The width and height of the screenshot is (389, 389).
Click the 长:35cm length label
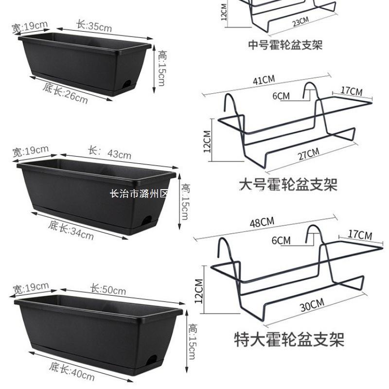tap(94, 25)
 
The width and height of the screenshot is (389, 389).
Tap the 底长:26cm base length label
tap(65, 94)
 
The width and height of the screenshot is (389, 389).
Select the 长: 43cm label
tap(109, 153)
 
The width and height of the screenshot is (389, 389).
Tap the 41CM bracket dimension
tap(263, 80)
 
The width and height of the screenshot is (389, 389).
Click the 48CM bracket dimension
tap(262, 223)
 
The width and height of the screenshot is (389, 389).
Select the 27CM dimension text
tap(308, 155)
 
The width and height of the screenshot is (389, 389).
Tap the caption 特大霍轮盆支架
tap(289, 338)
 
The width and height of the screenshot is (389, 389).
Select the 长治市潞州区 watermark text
tap(139, 194)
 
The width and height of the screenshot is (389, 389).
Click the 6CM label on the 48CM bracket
tap(281, 241)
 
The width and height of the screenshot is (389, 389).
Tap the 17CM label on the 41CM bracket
tap(351, 91)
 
